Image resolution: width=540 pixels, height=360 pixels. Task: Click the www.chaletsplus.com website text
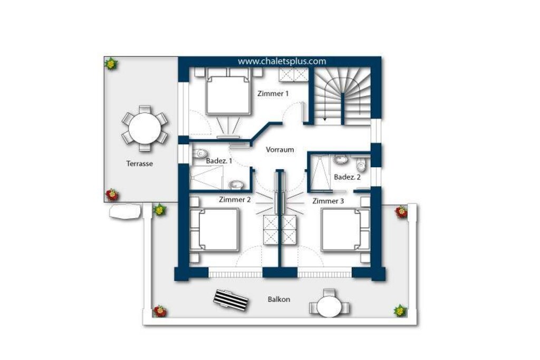[282, 61]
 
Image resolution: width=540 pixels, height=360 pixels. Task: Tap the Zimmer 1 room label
[273, 93]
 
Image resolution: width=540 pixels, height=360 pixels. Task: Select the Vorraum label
[280, 150]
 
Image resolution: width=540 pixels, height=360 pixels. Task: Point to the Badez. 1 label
[219, 161]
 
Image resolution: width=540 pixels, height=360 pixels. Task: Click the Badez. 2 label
[347, 177]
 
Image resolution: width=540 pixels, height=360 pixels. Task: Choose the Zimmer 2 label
[235, 200]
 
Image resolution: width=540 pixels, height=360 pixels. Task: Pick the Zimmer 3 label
[328, 201]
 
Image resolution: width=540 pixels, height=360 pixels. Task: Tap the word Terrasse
[139, 164]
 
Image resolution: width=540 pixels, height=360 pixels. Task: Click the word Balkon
[279, 299]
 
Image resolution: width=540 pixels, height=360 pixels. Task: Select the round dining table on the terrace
[144, 129]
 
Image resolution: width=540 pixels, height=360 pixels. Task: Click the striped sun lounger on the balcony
[232, 300]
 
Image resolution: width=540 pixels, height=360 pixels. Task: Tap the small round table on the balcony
[329, 307]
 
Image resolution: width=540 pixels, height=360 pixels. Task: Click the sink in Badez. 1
[236, 185]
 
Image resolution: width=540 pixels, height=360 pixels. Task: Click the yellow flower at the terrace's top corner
[111, 64]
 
